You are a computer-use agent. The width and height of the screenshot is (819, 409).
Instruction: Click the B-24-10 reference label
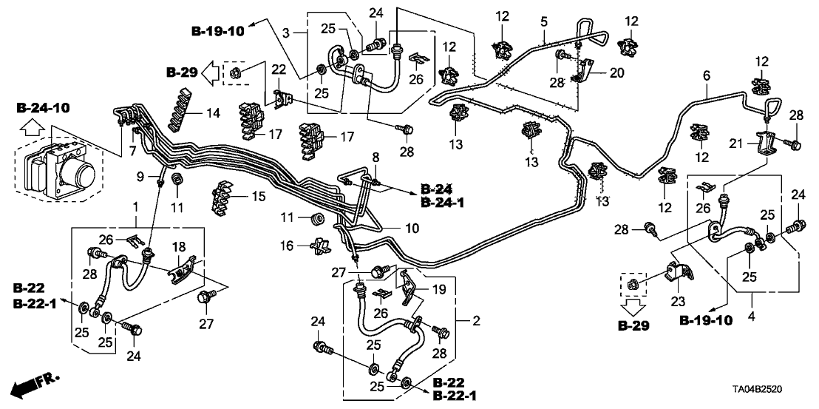coord(43,109)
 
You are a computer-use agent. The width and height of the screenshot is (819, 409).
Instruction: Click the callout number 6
coord(706,76)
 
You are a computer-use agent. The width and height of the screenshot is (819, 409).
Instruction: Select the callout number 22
coord(278,69)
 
